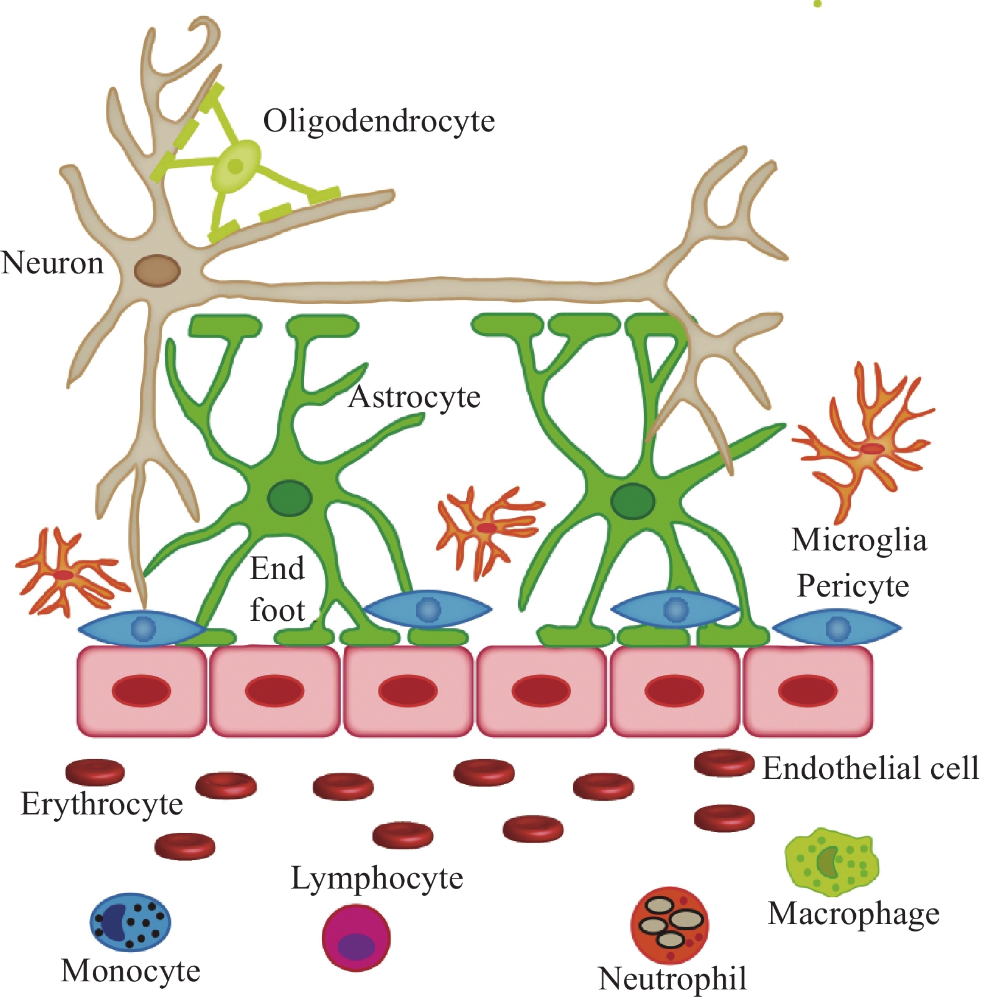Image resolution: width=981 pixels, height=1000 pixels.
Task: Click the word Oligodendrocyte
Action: point(379,121)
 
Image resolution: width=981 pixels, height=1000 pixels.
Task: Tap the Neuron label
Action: point(52,263)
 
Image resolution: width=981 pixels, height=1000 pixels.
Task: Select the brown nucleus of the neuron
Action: point(158,271)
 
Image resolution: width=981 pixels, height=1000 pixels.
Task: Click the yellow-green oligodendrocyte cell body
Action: point(235,166)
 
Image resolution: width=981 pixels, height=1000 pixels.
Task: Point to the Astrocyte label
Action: point(414,397)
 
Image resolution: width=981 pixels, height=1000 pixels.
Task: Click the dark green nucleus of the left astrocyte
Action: point(290,498)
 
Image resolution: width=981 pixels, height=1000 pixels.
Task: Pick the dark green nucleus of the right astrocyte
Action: point(633,501)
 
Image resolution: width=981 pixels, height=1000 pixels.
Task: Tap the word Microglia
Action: point(859,540)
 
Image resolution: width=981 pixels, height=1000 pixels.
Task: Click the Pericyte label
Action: point(853,586)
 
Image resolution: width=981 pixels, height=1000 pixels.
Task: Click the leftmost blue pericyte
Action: point(143,629)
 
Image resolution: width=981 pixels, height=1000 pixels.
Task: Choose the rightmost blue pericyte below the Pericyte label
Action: point(837,628)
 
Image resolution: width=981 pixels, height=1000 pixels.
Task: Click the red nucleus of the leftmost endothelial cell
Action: point(141,691)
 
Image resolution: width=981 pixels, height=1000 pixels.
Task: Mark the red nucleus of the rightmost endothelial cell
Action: point(808,691)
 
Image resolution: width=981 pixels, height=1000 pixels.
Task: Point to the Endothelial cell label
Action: point(870,768)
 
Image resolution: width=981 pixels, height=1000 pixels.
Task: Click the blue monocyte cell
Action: point(130,922)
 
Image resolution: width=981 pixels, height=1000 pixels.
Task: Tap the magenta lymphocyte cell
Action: point(356,938)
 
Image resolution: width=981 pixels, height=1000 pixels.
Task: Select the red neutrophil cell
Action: point(670,925)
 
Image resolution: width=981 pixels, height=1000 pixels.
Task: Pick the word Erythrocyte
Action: point(102,804)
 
